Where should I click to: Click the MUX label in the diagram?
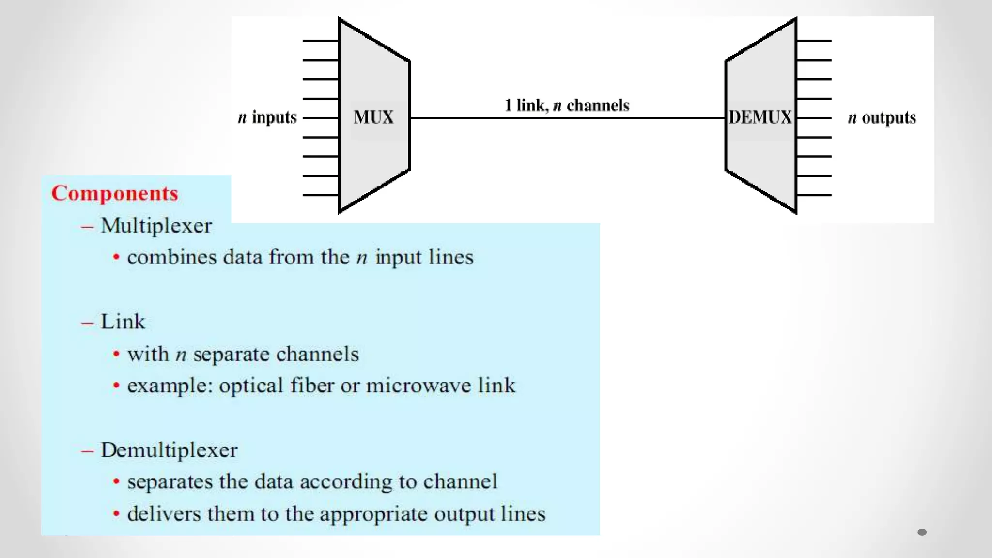[x=373, y=117]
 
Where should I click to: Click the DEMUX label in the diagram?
[x=760, y=117]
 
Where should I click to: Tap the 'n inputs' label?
[x=267, y=117]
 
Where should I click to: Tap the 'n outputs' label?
[x=882, y=118]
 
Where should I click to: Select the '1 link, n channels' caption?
[x=567, y=105]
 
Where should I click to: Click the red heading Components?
[x=115, y=193]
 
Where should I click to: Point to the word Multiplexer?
[x=156, y=226]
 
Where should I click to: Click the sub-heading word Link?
[x=123, y=322]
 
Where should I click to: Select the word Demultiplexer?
[x=169, y=450]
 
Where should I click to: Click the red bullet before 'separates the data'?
[x=116, y=482]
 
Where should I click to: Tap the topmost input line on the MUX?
[x=320, y=41]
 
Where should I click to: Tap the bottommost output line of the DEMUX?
[x=814, y=195]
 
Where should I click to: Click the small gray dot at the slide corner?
[x=922, y=532]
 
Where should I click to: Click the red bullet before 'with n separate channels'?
[x=116, y=354]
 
